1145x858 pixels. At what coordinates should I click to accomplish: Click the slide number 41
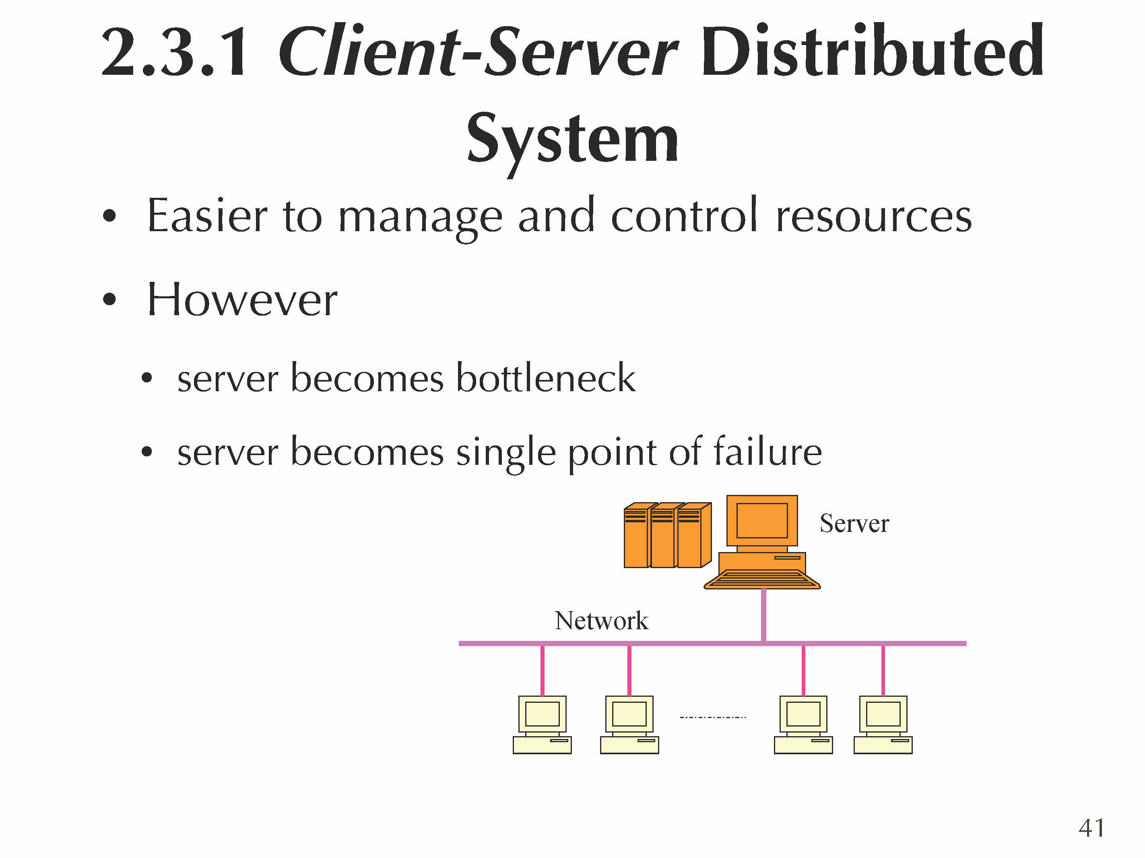[x=1091, y=828]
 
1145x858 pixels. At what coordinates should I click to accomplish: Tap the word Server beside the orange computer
[x=854, y=523]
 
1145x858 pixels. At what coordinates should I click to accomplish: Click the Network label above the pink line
[x=601, y=621]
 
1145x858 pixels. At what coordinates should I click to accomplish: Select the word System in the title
[x=572, y=139]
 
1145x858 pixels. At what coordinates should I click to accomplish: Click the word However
[x=242, y=300]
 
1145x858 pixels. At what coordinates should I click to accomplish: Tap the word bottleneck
[x=546, y=378]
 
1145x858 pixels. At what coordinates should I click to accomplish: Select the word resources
[x=874, y=216]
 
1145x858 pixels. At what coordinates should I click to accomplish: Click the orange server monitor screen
[x=762, y=520]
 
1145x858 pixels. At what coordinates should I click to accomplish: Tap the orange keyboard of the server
[x=762, y=580]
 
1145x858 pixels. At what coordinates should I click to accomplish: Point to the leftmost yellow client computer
[x=542, y=724]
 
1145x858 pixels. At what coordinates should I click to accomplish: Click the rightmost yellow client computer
[x=883, y=724]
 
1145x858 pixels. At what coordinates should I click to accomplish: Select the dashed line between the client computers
[x=713, y=717]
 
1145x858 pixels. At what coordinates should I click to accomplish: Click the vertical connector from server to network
[x=763, y=616]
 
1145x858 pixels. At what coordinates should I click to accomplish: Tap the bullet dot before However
[x=109, y=300]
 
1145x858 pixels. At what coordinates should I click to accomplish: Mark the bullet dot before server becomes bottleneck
[x=147, y=378]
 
